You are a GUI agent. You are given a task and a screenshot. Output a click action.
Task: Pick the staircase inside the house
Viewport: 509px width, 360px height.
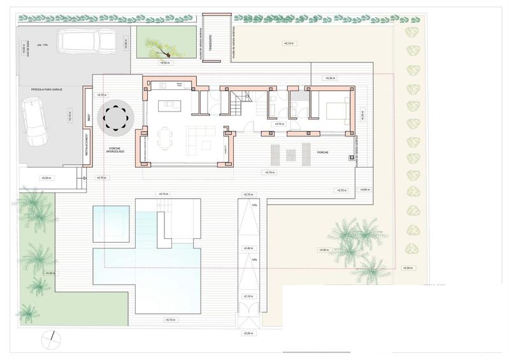(239, 101)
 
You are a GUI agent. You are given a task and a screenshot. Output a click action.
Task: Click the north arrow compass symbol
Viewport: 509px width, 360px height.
(53, 339)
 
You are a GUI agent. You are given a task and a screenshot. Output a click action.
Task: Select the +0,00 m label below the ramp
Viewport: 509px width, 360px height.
(248, 333)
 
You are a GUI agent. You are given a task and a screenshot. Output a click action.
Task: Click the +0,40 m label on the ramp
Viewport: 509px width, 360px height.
(248, 248)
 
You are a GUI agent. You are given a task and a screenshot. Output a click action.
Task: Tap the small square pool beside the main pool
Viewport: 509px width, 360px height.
(111, 223)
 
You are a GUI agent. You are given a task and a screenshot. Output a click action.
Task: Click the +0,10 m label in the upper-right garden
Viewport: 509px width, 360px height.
(289, 43)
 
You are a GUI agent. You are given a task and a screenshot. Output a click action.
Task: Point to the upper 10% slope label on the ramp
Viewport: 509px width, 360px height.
(254, 205)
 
